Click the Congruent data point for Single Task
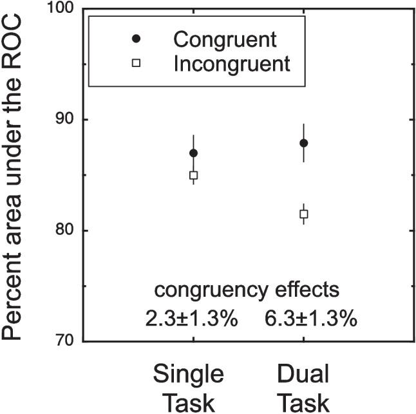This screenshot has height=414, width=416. click(x=193, y=153)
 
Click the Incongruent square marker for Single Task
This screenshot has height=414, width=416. click(x=193, y=175)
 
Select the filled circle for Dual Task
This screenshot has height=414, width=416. click(x=304, y=143)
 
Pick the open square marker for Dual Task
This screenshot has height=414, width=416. click(x=304, y=214)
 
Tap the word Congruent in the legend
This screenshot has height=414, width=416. click(x=225, y=40)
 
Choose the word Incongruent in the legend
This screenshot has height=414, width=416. click(x=232, y=64)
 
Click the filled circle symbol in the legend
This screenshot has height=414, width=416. click(x=136, y=40)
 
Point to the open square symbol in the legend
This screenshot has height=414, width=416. click(x=136, y=64)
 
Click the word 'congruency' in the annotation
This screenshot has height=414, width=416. click(x=207, y=291)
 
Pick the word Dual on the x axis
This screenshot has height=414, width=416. click(x=303, y=375)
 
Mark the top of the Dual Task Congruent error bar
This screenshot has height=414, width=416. click(x=304, y=124)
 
